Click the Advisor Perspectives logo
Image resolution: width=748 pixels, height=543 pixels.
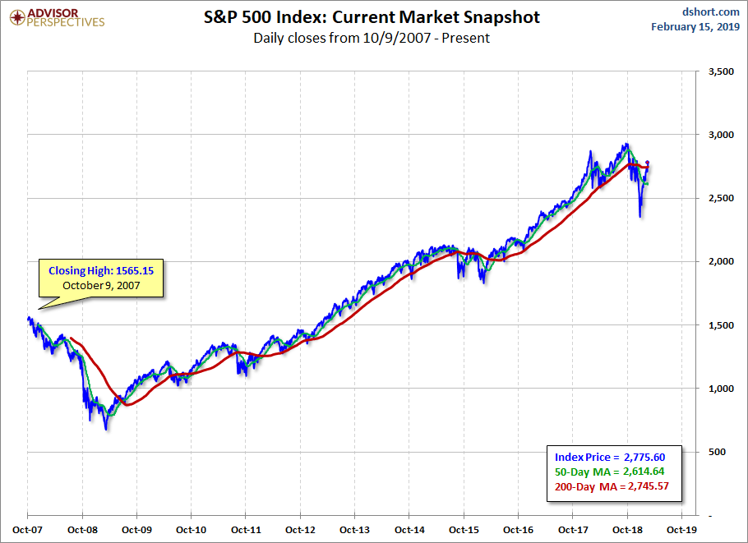coord(58,16)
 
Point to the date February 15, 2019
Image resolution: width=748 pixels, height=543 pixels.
coord(695,26)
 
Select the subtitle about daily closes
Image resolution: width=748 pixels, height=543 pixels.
coord(371,38)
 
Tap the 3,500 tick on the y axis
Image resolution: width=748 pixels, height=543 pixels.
coord(720,72)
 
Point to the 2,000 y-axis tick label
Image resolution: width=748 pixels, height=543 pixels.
coord(720,262)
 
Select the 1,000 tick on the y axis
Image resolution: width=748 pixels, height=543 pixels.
coord(720,389)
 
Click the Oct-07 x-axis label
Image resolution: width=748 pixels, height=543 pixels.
coord(27,531)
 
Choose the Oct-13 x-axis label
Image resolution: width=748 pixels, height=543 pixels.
coord(354,531)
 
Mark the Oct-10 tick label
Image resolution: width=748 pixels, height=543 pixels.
coord(191,531)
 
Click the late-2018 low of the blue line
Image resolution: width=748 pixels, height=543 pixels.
coord(640,217)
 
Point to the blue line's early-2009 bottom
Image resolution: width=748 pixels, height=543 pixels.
coord(105,429)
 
